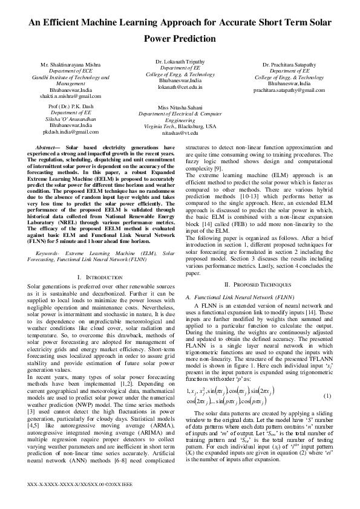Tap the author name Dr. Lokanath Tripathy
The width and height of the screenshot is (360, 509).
tap(180, 62)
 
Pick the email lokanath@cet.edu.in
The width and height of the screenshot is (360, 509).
tap(180, 87)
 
